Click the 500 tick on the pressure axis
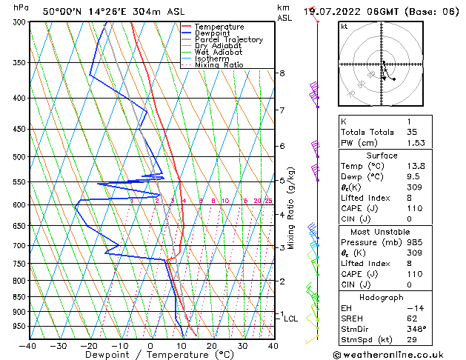point(20,157)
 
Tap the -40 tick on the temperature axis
point(28,345)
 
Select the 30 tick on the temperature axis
point(242,345)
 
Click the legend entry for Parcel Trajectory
point(228,40)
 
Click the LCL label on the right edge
point(291,319)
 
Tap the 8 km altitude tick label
point(282,73)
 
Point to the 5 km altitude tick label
point(282,180)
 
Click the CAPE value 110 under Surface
point(414,209)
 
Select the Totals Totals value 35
point(412,132)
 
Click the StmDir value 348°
point(416,329)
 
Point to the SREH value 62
point(412,318)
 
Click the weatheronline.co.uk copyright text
point(399,354)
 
